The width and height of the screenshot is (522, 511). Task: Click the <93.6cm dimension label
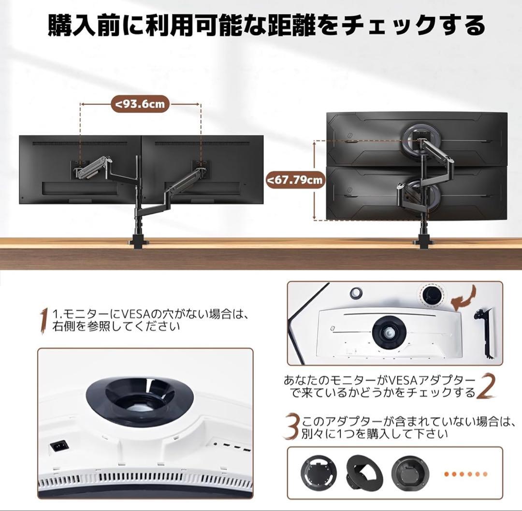click(x=140, y=104)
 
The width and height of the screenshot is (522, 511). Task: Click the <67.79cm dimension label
click(x=296, y=180)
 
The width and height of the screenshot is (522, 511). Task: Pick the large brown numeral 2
click(x=486, y=386)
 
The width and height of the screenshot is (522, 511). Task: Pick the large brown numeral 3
click(x=291, y=426)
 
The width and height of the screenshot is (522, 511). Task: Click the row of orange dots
click(x=466, y=474)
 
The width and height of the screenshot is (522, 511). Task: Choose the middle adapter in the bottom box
click(x=364, y=473)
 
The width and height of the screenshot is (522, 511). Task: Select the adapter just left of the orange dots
click(x=410, y=473)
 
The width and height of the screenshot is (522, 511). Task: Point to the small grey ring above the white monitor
click(x=356, y=292)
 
